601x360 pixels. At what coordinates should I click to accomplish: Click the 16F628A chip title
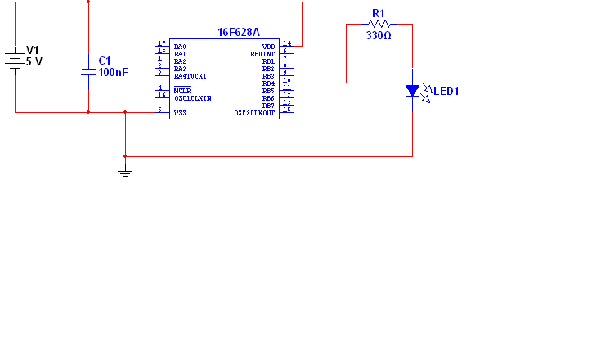(x=239, y=32)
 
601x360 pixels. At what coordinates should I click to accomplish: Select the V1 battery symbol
(x=15, y=60)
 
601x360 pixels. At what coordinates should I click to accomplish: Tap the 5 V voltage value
(x=34, y=61)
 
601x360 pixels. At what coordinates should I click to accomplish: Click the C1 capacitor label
(x=104, y=61)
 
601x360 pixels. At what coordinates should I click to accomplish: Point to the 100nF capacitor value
(x=113, y=72)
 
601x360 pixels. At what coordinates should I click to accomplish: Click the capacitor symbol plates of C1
(x=88, y=72)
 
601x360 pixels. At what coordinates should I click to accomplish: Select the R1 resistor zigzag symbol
(x=377, y=25)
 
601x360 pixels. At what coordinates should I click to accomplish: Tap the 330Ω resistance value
(x=378, y=36)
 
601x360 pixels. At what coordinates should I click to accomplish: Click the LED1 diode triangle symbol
(x=412, y=91)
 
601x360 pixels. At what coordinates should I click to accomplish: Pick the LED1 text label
(x=446, y=91)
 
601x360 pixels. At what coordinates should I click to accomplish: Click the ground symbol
(x=124, y=172)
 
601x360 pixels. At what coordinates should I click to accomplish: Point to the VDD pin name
(x=268, y=47)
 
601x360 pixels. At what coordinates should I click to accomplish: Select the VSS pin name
(x=180, y=112)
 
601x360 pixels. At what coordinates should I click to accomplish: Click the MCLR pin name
(x=182, y=90)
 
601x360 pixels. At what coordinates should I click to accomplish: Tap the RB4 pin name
(x=268, y=83)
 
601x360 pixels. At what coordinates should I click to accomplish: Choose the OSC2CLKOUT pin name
(x=254, y=113)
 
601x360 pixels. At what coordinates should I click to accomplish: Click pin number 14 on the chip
(x=287, y=43)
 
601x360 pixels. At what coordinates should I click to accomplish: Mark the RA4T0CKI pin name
(x=190, y=76)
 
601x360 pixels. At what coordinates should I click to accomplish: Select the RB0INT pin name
(x=262, y=54)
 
